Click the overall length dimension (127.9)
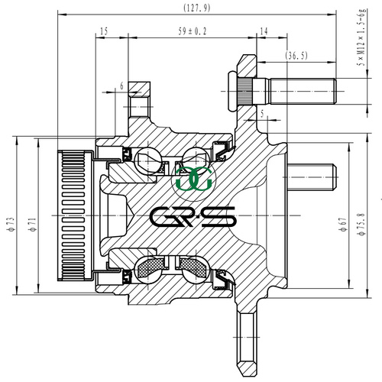[197, 8]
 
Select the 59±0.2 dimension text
[193, 31]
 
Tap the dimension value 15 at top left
[104, 31]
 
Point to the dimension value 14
[264, 31]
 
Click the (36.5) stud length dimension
[296, 55]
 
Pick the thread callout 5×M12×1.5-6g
[362, 37]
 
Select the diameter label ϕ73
[11, 225]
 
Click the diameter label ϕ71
[33, 225]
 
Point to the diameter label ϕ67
[343, 225]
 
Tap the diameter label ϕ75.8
[361, 225]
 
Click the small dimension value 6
[121, 86]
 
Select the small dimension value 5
[262, 114]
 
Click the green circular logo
[194, 179]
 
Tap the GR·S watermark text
[193, 216]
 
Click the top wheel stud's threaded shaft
[303, 91]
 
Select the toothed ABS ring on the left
[75, 215]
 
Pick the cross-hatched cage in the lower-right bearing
[193, 267]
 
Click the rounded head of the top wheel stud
[233, 91]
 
